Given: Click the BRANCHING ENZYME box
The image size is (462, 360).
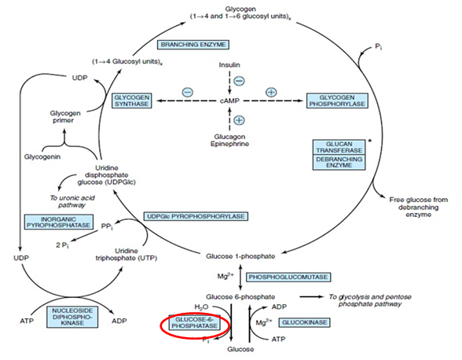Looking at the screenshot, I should pyautogui.click(x=189, y=46).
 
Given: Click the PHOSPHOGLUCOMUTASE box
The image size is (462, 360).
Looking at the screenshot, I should pyautogui.click(x=288, y=277).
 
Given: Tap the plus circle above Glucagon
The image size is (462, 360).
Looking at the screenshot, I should pyautogui.click(x=239, y=119).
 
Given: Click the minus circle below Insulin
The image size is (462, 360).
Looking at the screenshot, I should pyautogui.click(x=239, y=80).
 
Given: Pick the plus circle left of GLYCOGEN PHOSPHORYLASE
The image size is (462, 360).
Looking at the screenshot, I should pyautogui.click(x=272, y=92).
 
